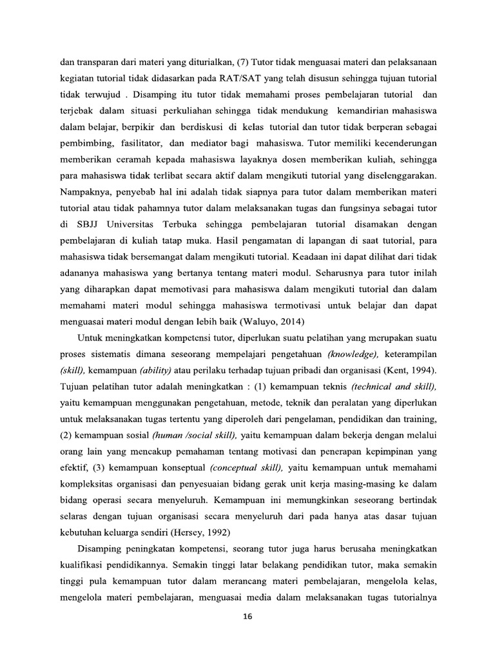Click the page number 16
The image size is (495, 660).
[247, 617]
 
